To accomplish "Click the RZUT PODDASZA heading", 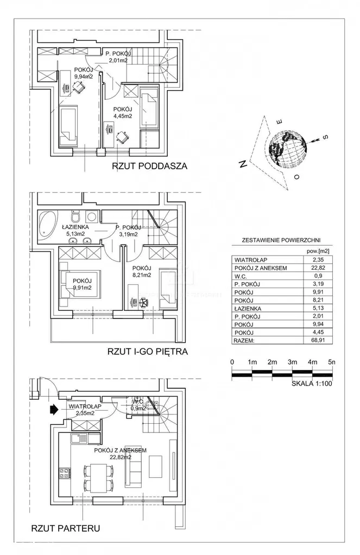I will [149, 167].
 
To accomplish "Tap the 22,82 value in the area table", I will [325, 268].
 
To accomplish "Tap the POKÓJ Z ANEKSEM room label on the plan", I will [120, 450].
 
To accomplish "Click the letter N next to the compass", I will [241, 164].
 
